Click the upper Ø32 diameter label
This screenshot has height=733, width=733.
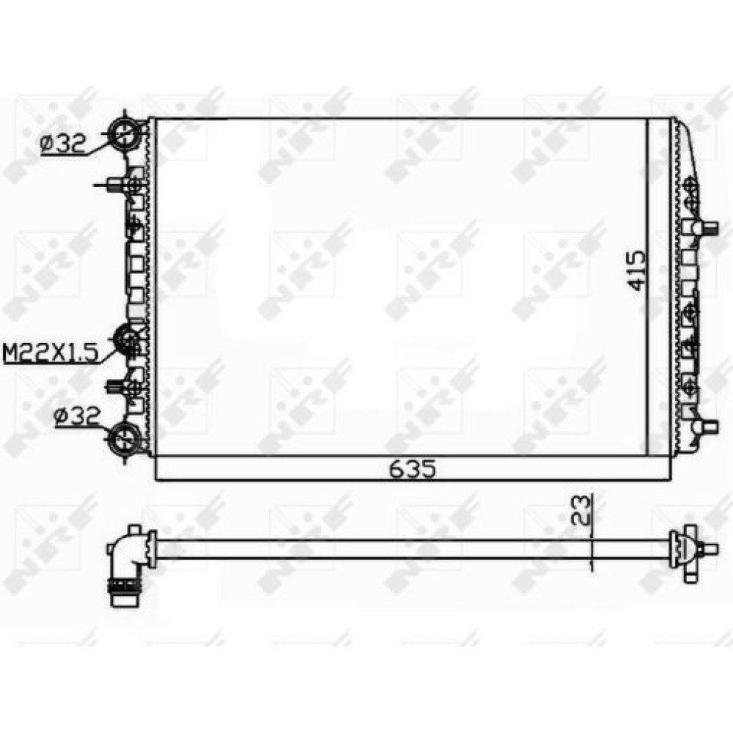click(64, 144)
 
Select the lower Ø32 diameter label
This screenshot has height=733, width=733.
click(77, 415)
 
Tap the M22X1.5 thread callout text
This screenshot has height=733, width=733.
click(51, 353)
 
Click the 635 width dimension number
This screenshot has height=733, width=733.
click(413, 469)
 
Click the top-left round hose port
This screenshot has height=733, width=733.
click(125, 133)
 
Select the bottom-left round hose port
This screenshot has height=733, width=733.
click(123, 439)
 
